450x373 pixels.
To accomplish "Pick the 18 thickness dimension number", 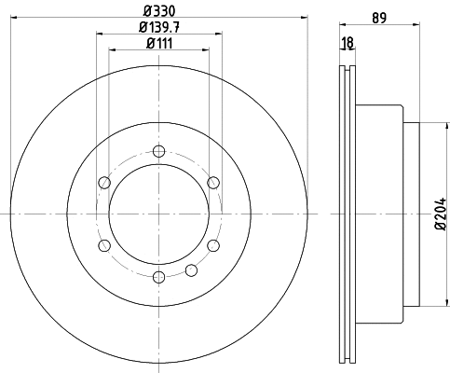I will [348, 43].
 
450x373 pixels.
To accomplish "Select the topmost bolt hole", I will [158, 151].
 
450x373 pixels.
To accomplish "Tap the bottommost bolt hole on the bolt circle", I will [158, 277].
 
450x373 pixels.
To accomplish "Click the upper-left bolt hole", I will [103, 182].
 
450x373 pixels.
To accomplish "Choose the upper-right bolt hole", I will [213, 182].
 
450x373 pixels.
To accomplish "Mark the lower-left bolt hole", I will [103, 245].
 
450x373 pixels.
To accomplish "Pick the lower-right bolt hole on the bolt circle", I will [213, 245].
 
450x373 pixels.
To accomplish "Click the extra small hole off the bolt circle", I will [191, 269].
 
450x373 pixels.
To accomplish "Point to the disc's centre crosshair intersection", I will [158, 214].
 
